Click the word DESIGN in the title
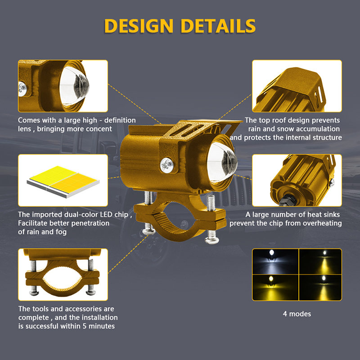[x=139, y=26]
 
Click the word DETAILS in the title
[x=218, y=26]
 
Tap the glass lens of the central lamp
[x=222, y=162]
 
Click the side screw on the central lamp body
[x=166, y=165]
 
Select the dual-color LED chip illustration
[x=63, y=181]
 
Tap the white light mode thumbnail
[x=275, y=261]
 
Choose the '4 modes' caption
[x=297, y=314]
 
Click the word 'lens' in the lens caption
[x=24, y=129]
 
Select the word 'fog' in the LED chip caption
[x=61, y=232]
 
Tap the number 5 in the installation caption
[x=85, y=326]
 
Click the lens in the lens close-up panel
[x=74, y=86]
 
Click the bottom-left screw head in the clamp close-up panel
[x=34, y=292]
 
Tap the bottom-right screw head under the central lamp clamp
[x=211, y=240]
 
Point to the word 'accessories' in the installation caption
[x=77, y=309]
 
